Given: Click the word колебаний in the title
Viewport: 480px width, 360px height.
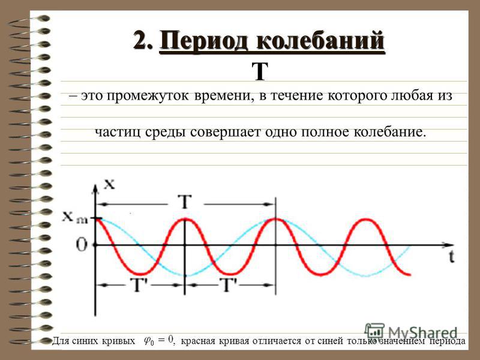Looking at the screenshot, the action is tap(320, 40).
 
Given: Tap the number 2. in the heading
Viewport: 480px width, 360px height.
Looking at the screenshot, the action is tap(143, 40).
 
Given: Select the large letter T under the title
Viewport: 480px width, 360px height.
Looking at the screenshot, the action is tap(260, 71).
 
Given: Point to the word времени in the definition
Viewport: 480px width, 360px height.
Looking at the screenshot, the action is tap(224, 96).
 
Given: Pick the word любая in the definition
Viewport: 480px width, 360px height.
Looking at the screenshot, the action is tap(409, 96).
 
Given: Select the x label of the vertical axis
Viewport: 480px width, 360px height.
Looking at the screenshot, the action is tap(109, 184).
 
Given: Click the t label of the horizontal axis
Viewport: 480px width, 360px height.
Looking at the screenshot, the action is tap(452, 257).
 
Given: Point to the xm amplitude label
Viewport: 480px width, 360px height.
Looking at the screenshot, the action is tap(75, 217).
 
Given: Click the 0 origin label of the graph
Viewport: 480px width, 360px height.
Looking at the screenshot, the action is tap(82, 245).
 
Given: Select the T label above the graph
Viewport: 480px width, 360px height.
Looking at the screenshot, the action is tap(185, 202).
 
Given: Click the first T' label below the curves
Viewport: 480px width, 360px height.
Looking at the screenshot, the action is tap(139, 284).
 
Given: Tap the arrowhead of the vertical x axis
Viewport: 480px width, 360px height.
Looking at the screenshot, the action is tap(96, 189).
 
